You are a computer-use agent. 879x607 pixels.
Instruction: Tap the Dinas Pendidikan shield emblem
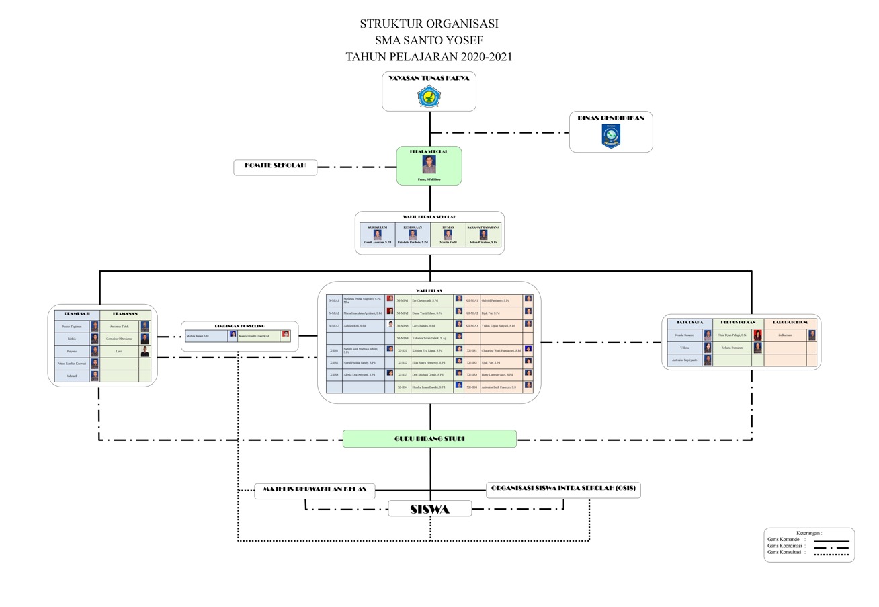[611, 136]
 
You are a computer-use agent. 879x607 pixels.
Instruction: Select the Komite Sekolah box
[275, 167]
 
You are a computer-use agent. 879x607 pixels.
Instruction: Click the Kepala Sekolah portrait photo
[429, 165]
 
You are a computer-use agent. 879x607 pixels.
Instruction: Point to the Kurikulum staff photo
[378, 235]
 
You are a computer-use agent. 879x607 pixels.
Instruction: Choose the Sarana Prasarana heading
[483, 227]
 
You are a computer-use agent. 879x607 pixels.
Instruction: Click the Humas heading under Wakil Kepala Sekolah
[448, 227]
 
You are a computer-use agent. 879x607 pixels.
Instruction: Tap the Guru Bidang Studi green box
[429, 439]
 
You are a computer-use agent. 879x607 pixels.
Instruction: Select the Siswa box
[429, 509]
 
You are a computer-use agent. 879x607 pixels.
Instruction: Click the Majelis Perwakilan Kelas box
[315, 490]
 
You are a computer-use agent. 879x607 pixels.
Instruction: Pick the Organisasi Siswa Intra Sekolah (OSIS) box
[563, 489]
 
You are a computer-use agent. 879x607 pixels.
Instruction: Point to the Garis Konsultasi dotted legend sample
[831, 554]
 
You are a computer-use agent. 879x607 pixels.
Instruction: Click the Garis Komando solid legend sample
[831, 540]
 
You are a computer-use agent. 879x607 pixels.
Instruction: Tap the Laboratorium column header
[790, 323]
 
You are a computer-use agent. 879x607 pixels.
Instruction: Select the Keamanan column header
[125, 314]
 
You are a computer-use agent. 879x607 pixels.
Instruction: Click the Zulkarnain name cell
[785, 335]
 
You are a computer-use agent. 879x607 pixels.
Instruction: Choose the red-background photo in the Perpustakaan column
[757, 335]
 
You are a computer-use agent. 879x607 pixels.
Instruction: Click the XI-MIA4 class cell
[403, 338]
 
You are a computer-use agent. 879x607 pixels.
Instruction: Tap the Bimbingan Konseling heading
[239, 326]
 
